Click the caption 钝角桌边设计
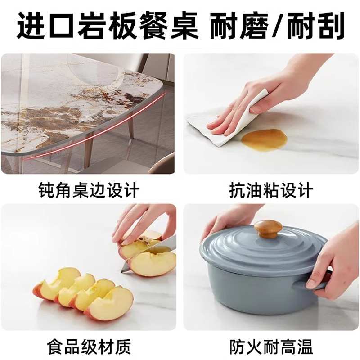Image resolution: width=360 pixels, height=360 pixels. (89, 190)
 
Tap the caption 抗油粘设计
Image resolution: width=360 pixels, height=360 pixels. (270, 190)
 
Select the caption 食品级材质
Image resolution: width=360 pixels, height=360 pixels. (89, 347)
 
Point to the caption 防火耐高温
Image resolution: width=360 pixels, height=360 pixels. (270, 347)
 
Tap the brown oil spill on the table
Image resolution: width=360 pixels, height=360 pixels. (264, 139)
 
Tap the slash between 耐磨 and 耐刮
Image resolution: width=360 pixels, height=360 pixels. (280, 26)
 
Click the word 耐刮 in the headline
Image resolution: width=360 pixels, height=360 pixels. (318, 26)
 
